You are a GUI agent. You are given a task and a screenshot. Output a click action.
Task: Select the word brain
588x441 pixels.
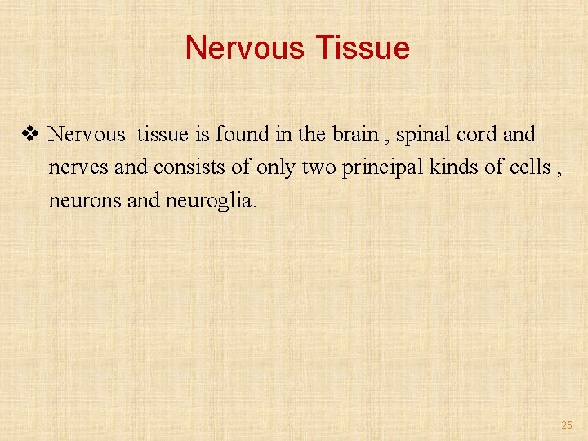[355, 134]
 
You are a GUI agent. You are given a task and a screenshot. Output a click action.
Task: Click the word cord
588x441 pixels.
[477, 134]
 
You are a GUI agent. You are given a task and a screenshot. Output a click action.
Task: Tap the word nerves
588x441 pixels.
[73, 168]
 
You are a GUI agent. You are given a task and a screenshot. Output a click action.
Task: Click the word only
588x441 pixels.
[276, 167]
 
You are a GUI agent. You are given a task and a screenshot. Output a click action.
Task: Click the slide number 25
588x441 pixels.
[567, 425]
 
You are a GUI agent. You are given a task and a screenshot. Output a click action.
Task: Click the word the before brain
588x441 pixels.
[314, 134]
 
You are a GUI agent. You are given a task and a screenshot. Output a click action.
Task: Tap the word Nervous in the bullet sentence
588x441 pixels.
[87, 134]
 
